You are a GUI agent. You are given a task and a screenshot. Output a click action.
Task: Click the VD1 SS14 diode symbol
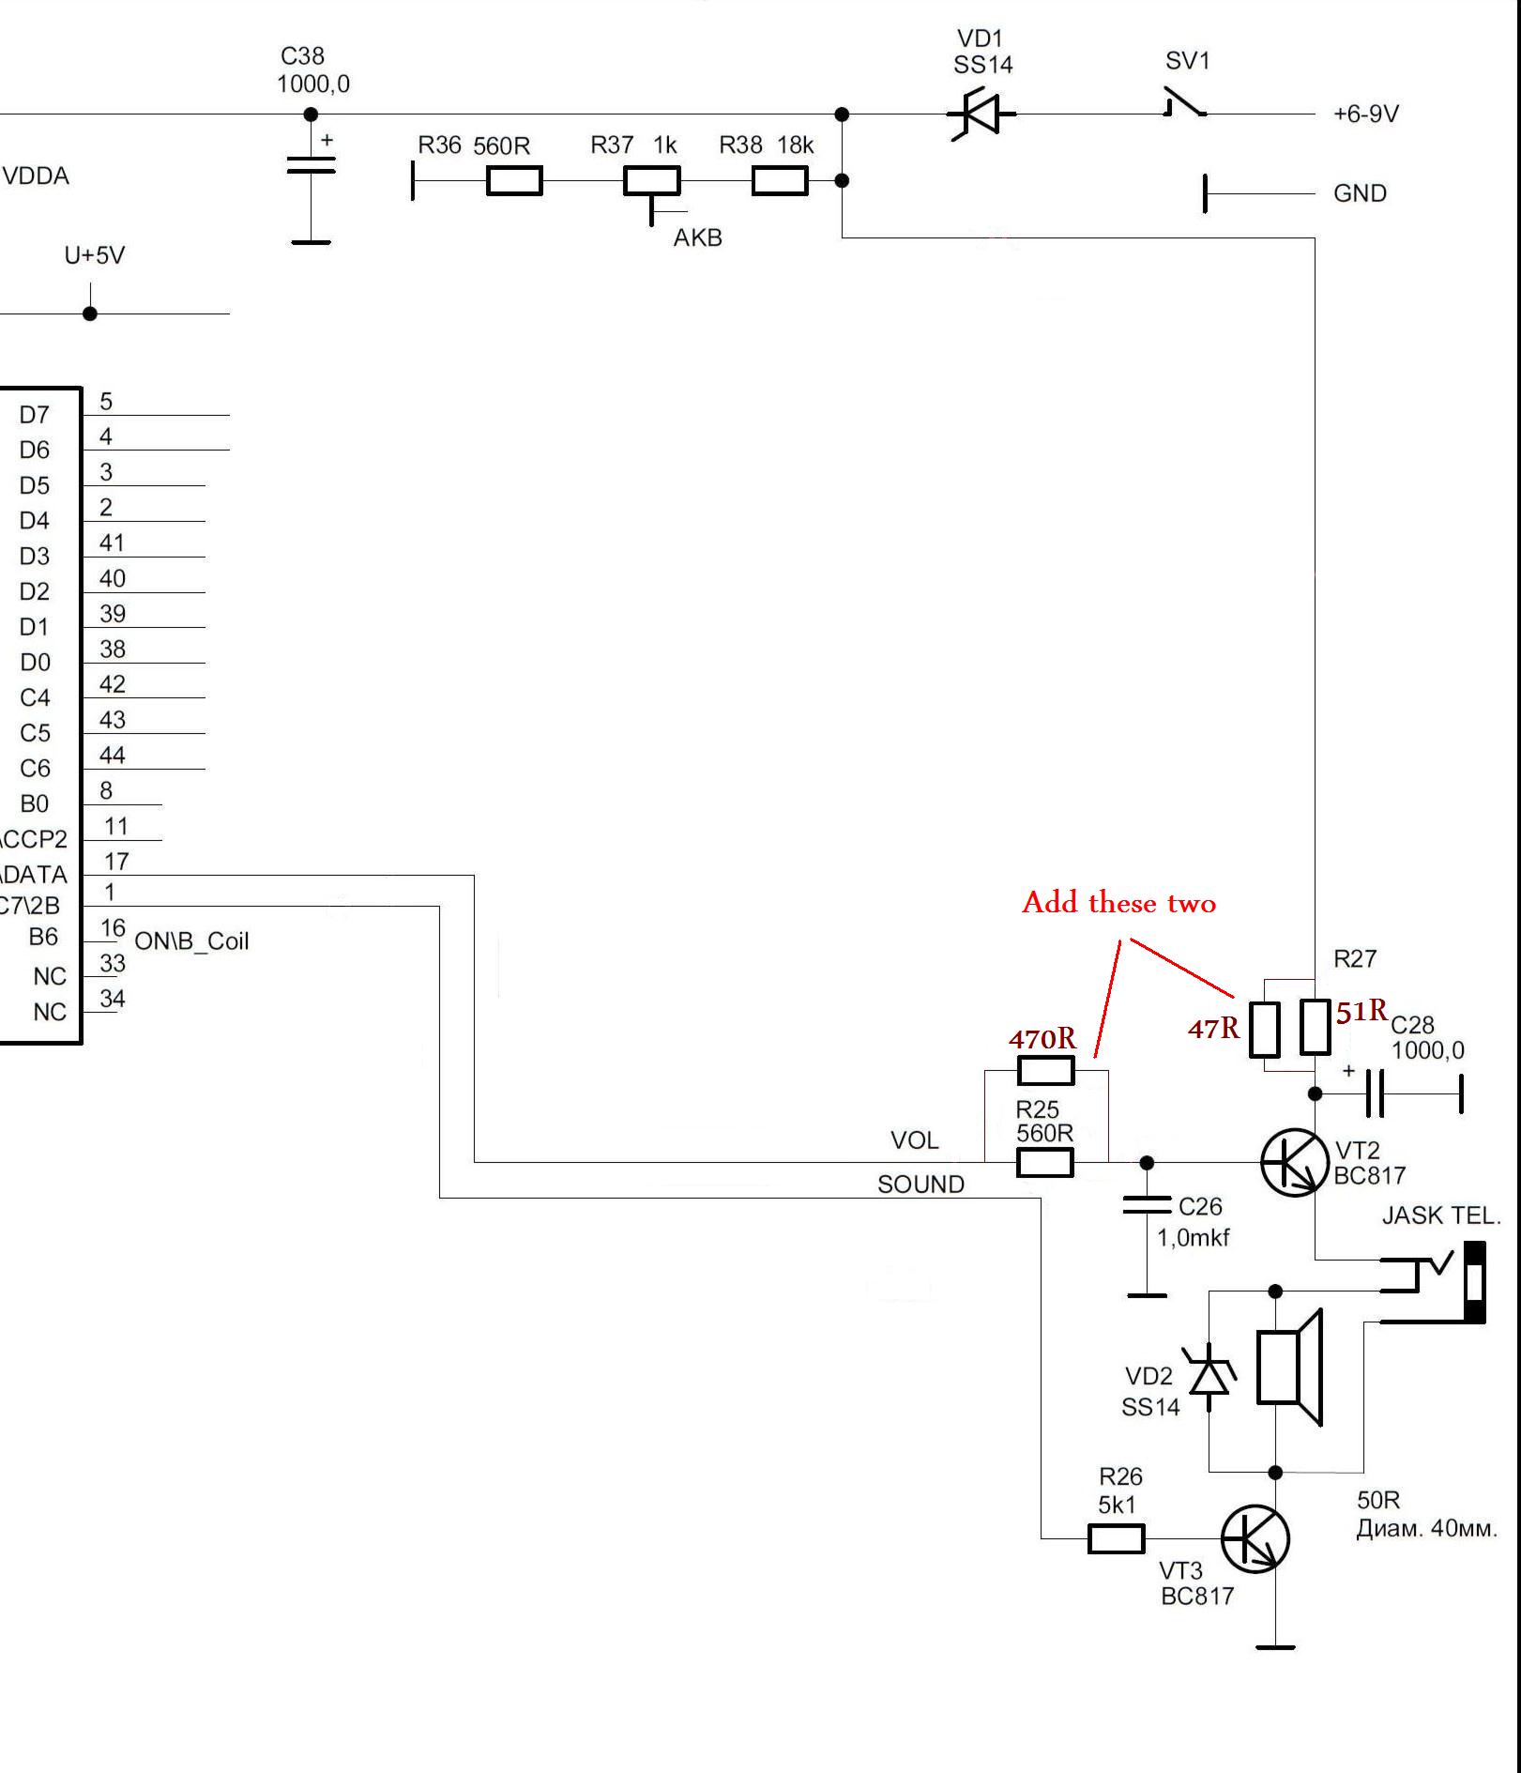point(981,115)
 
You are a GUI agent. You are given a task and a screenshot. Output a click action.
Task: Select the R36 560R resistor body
point(514,180)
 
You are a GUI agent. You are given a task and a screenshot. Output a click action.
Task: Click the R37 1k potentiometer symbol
point(652,181)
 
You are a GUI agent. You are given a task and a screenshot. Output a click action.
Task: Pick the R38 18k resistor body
point(780,180)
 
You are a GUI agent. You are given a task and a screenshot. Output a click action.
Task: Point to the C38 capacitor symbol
point(311,166)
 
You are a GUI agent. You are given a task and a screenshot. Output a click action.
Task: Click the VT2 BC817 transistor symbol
point(1294,1162)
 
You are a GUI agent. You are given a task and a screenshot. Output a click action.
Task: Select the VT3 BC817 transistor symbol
point(1255,1538)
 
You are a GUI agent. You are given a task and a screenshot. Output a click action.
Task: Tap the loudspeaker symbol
point(1289,1367)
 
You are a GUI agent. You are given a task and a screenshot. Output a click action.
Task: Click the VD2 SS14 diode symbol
point(1209,1377)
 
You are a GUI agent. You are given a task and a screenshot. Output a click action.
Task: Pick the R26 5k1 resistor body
point(1116,1539)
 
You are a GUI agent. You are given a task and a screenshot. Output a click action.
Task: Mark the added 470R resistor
point(1045,1070)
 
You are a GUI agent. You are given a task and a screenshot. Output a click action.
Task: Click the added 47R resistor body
point(1264,1030)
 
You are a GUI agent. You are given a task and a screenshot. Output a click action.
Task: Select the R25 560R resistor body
point(1044,1163)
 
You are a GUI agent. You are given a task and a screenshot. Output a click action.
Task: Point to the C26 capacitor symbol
point(1147,1205)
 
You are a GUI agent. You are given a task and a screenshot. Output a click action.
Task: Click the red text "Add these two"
point(1118,903)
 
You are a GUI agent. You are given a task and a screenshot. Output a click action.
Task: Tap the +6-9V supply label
point(1365,115)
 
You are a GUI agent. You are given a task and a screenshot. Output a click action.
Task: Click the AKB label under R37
point(697,238)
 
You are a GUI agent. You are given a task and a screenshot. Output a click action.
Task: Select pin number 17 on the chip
point(116,861)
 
